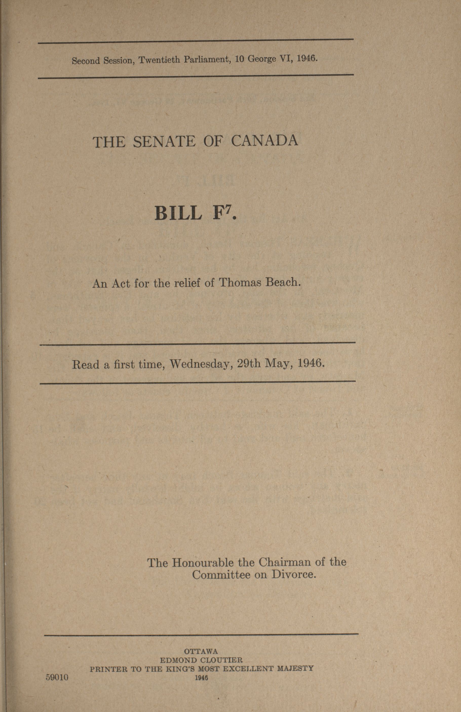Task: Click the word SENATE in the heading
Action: tap(164, 141)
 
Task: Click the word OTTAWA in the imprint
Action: tap(201, 651)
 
